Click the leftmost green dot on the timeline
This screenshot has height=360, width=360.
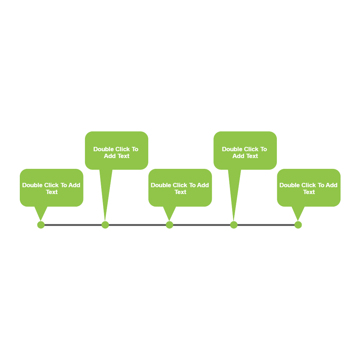tap(41, 225)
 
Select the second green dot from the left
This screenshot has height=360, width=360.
tap(105, 225)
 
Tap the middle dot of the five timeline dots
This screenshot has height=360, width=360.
tap(170, 225)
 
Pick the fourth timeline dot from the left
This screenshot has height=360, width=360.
tap(234, 225)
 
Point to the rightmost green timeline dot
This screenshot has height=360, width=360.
tap(298, 225)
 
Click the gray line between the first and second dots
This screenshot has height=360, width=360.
tap(73, 225)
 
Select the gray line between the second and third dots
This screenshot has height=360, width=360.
tap(137, 225)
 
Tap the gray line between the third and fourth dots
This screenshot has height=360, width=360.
tap(202, 225)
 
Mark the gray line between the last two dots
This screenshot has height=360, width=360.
tap(266, 225)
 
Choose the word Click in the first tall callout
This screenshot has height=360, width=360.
tap(122, 149)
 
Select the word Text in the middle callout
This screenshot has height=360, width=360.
tap(180, 192)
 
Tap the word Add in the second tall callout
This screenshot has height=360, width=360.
tap(238, 156)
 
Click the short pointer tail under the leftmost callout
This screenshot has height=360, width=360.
tap(41, 212)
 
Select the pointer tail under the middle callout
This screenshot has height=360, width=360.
tap(170, 212)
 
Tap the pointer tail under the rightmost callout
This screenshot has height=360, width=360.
tap(298, 212)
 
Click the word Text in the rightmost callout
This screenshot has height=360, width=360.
tap(309, 192)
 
